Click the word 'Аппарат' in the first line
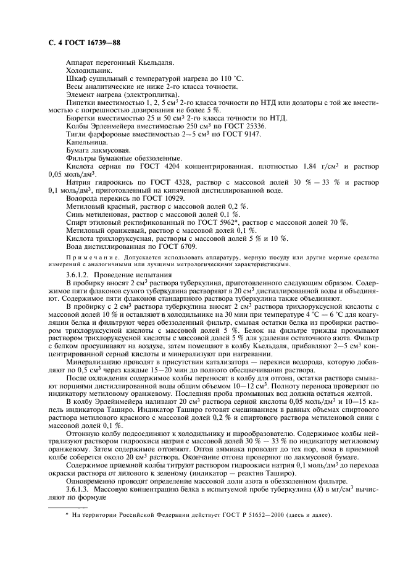(80, 63)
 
